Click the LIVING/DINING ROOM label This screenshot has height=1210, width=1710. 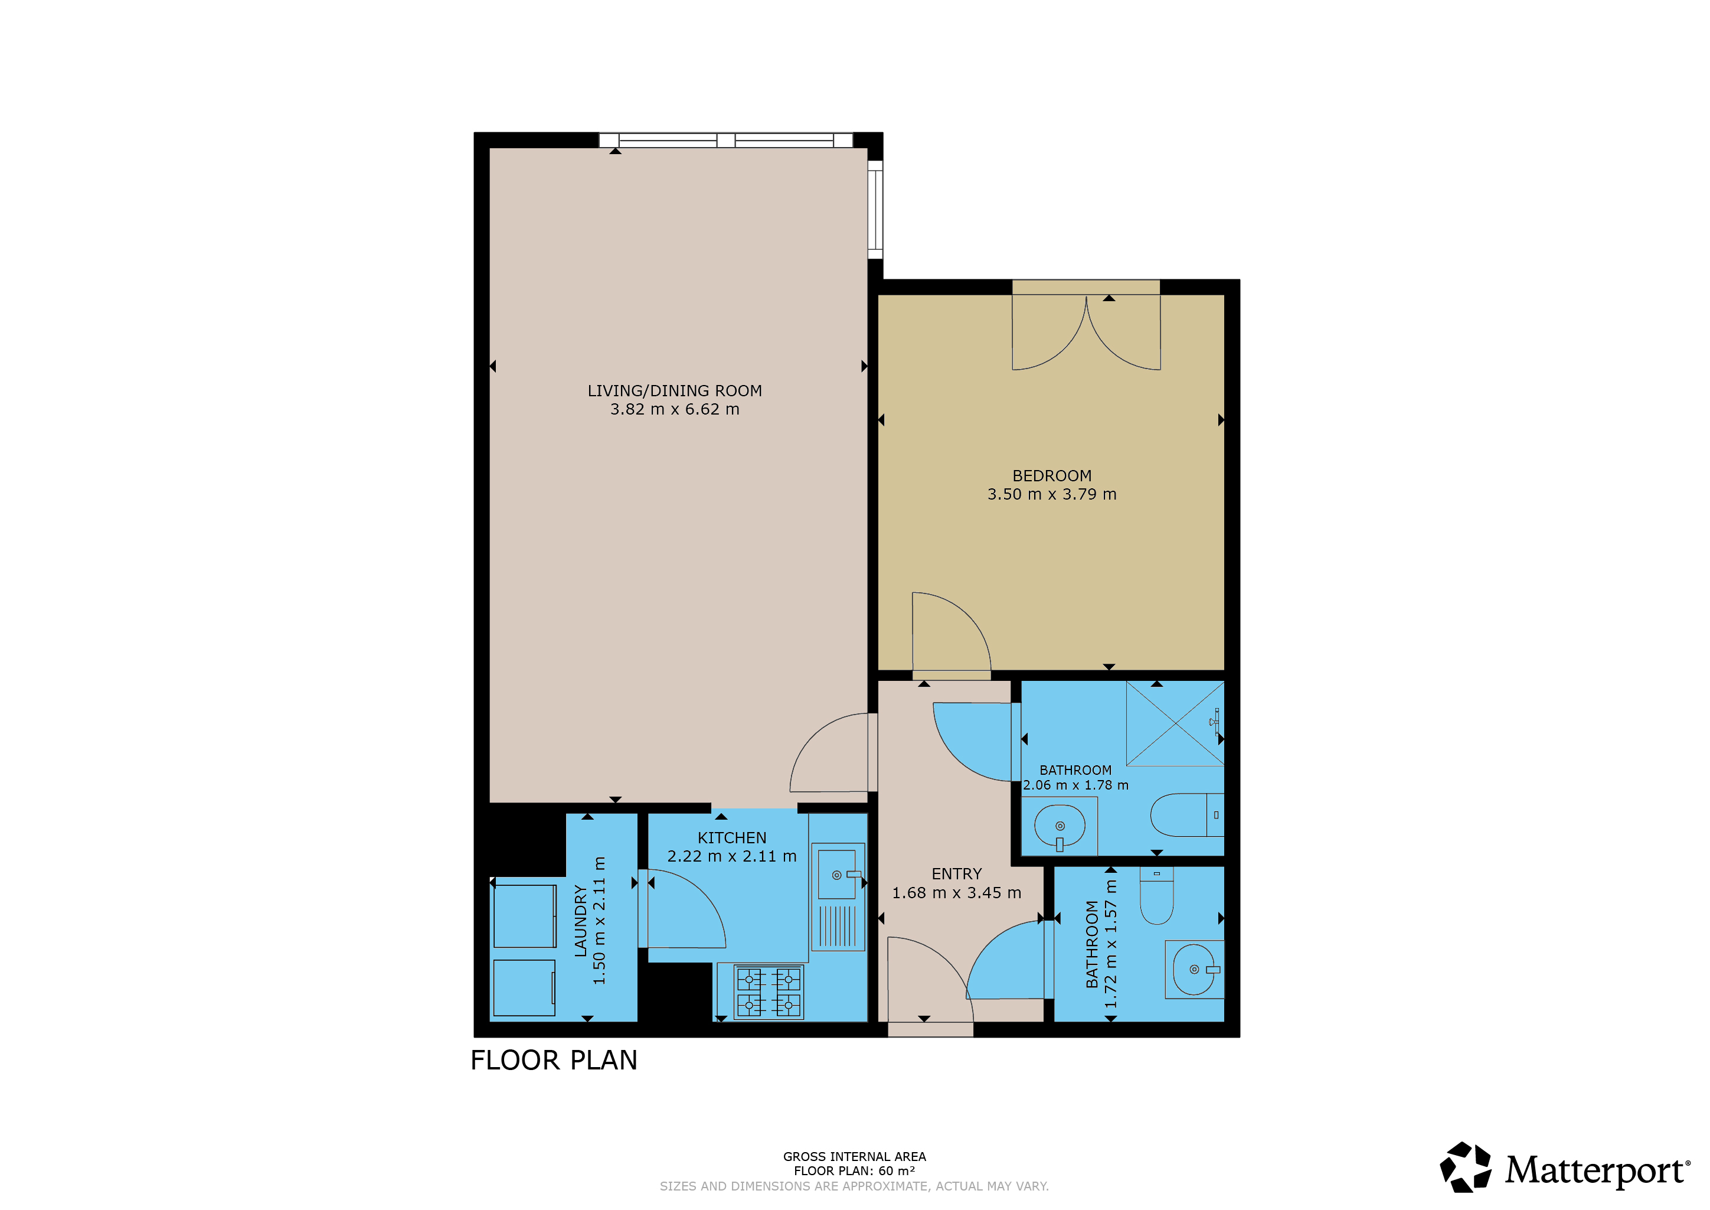click(x=674, y=390)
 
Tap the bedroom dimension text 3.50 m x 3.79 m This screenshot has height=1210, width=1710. click(x=1052, y=494)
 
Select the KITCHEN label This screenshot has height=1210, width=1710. click(x=731, y=837)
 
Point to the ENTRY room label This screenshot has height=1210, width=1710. click(x=956, y=873)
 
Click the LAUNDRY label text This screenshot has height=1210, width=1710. click(x=581, y=920)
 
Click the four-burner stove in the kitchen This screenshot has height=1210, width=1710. click(x=769, y=991)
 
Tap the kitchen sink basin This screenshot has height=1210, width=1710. click(x=837, y=874)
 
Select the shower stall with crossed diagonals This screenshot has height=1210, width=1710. click(x=1175, y=723)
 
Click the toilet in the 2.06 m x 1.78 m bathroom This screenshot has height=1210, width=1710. click(x=1187, y=815)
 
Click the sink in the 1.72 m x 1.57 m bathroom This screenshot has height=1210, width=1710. click(x=1195, y=969)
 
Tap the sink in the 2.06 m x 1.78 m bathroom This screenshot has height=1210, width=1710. click(x=1059, y=826)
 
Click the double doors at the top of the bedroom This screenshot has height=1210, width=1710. click(x=1086, y=331)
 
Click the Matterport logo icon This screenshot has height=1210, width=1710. click(x=1465, y=1167)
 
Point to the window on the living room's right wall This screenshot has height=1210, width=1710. click(x=875, y=210)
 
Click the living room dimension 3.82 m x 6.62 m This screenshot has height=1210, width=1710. click(x=675, y=409)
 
